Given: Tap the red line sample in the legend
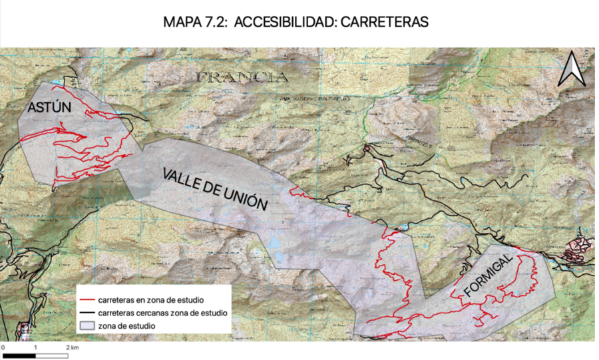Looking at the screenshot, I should click(87, 300).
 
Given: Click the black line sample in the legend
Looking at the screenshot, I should click(87, 313).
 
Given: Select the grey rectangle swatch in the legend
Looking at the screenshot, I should click(87, 326).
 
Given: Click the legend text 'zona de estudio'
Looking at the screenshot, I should click(126, 326).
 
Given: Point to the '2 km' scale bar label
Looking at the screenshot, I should click(73, 347).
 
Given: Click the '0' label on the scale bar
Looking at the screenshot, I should click(3, 347).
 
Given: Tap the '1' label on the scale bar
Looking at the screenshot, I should click(35, 347).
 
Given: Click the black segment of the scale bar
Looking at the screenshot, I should click(19, 355).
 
